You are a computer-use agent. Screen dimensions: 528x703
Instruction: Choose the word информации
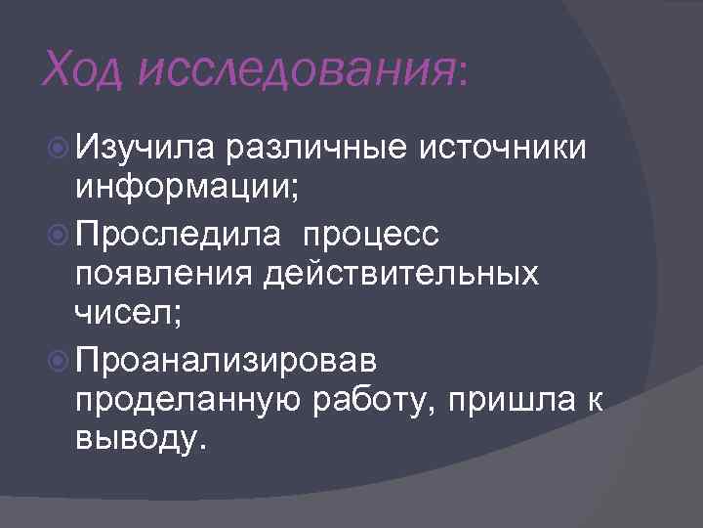click(181, 187)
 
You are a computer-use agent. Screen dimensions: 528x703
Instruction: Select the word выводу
click(137, 440)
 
